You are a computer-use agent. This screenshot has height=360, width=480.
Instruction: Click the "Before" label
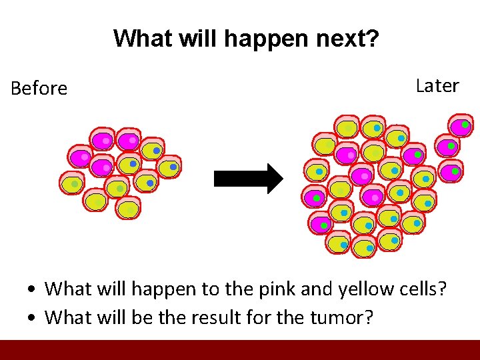(x=39, y=88)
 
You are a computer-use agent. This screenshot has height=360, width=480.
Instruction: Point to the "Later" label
(x=437, y=86)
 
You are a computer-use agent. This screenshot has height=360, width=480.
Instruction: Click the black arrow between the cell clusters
(x=248, y=179)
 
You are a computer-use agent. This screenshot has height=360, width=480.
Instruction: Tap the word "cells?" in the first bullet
(x=423, y=289)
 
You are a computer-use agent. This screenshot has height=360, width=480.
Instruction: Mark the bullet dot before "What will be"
(x=31, y=317)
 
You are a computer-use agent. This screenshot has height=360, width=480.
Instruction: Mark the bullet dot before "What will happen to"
(x=31, y=290)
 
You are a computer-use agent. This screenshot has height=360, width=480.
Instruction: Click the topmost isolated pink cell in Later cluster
(x=461, y=125)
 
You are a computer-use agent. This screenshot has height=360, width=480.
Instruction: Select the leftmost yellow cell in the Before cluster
(x=71, y=183)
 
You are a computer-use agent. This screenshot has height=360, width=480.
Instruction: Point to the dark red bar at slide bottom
(x=240, y=350)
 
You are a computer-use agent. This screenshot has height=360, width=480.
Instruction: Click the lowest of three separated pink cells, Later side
(x=451, y=172)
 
